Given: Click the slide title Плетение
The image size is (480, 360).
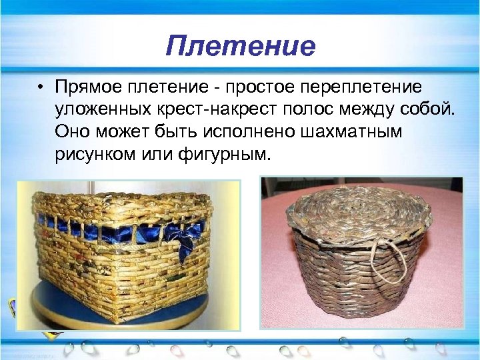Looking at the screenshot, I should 240,46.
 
